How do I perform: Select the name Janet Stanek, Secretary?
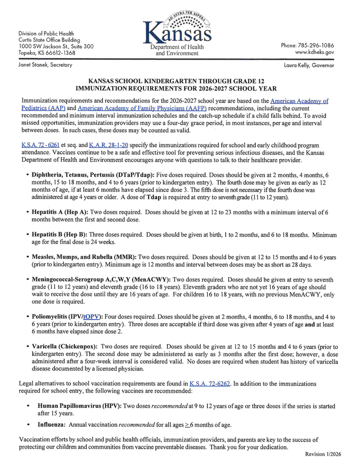pos(45,65)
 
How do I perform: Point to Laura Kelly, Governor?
pos(309,66)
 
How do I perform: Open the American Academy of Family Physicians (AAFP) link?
pos(142,108)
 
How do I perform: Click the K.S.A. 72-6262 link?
pos(210,384)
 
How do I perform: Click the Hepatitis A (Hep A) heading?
pos(60,212)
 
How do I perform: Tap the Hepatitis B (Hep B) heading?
pos(60,235)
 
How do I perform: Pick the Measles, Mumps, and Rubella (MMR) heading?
pos(84,257)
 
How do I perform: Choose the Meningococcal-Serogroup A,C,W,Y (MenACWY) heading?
pos(101,279)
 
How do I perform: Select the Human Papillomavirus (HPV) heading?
pos(80,406)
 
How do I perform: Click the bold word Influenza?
pos(52,425)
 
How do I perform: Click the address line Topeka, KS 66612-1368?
pos(47,53)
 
